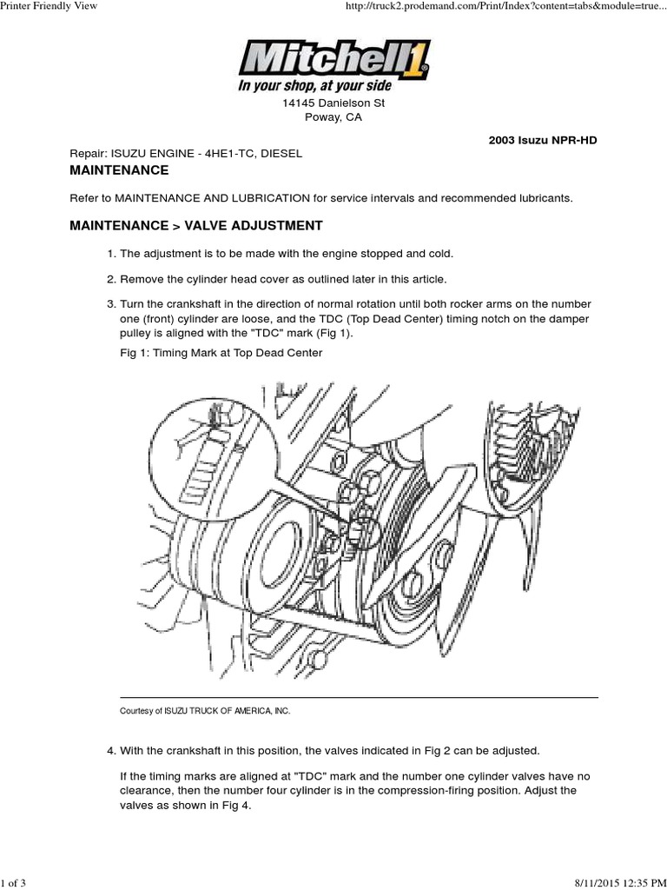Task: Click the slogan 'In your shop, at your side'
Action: tap(314, 86)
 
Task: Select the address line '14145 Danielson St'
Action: tap(333, 103)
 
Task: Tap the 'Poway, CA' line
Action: tap(333, 117)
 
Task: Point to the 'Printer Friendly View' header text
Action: tap(49, 7)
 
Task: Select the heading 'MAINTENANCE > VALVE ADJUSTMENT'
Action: tap(195, 226)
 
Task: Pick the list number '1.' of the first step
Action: tap(110, 253)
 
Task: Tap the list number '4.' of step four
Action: tap(110, 749)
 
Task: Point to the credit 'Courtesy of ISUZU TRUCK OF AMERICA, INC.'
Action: tap(205, 710)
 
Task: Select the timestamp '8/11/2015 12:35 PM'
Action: tap(617, 883)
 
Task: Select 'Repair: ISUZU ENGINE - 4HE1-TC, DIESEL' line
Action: tap(186, 153)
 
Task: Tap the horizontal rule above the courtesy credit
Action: tap(358, 697)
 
